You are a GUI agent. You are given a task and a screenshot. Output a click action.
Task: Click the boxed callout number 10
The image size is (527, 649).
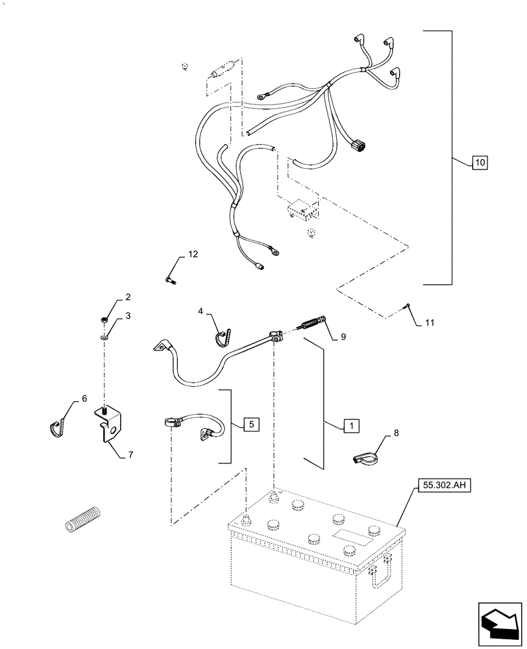[479, 162]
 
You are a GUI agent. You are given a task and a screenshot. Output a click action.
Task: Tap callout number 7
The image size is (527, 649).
[130, 455]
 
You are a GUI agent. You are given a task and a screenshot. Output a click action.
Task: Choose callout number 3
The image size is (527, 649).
[128, 315]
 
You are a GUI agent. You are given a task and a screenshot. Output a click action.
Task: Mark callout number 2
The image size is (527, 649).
[128, 297]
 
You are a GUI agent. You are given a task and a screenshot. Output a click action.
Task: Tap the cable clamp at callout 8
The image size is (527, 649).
[365, 457]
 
